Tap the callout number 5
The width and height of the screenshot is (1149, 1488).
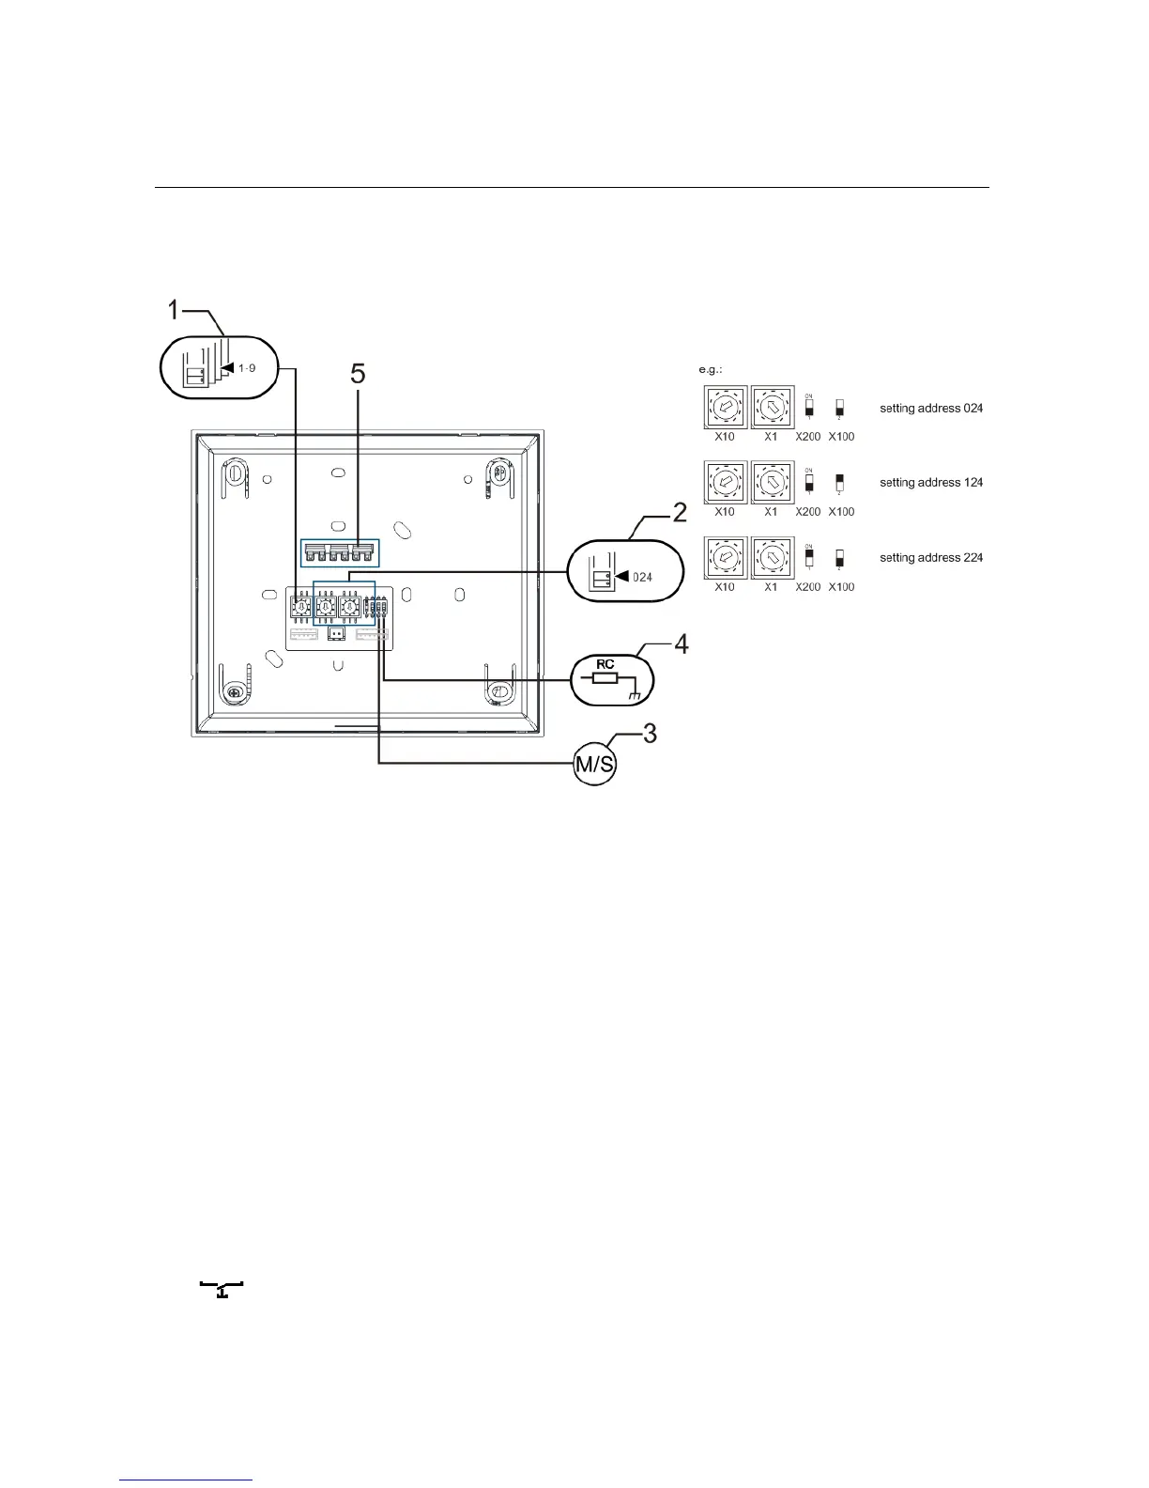click(358, 375)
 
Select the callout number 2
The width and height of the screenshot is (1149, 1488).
click(679, 514)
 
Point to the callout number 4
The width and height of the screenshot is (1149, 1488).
click(682, 645)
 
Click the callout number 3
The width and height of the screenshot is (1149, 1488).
click(650, 733)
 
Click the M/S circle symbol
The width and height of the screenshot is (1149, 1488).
click(595, 765)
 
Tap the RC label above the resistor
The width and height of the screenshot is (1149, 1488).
click(605, 664)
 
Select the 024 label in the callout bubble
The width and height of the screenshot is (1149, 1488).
click(641, 577)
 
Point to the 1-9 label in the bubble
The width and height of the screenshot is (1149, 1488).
click(247, 368)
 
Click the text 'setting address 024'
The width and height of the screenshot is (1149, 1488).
click(931, 409)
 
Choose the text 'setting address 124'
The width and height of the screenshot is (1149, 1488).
click(931, 483)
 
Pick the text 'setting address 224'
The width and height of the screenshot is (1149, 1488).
click(931, 558)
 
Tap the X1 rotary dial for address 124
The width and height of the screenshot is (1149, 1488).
click(772, 482)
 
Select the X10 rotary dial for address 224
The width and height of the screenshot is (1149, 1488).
click(725, 557)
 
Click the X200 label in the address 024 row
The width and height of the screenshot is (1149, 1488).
click(808, 437)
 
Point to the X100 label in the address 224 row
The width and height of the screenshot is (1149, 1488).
click(841, 587)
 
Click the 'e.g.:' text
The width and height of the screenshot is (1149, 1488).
click(710, 370)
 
